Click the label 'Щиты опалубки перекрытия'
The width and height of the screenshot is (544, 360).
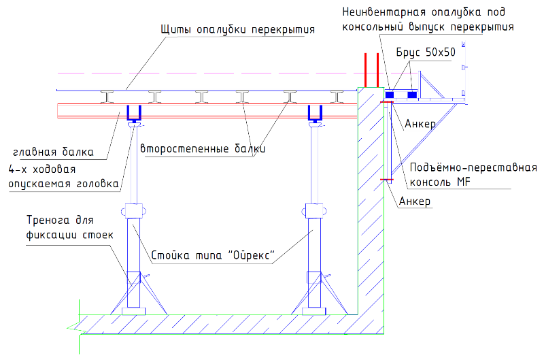coord(237,29)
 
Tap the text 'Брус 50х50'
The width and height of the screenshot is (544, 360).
coord(426,52)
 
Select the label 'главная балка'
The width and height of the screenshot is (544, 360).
coord(53,152)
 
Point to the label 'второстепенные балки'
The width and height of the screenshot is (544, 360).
coord(203,148)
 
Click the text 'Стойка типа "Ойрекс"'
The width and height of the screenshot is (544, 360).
coord(213,255)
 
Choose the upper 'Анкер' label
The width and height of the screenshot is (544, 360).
coord(420,124)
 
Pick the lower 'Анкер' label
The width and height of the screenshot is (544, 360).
coord(415,201)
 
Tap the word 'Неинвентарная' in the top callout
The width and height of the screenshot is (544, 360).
coord(384,12)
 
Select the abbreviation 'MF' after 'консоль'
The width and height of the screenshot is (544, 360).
coord(464,182)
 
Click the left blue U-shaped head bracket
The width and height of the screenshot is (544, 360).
coord(134,113)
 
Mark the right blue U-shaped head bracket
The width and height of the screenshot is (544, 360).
coord(315,113)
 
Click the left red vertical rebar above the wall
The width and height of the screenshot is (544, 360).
coord(365,70)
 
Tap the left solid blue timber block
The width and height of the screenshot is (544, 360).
coord(389,95)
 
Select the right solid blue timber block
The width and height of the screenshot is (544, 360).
coord(412,95)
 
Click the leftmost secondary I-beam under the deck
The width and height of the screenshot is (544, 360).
coord(107,97)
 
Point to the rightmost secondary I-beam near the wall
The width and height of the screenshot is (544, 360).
coord(337,97)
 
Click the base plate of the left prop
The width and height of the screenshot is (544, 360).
coord(133,311)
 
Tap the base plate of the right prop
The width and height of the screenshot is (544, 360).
coord(314,311)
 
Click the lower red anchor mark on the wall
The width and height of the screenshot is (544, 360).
coord(387,180)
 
